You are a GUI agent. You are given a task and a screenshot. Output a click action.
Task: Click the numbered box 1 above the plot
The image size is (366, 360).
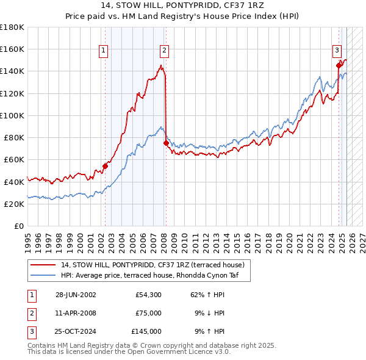click(104, 51)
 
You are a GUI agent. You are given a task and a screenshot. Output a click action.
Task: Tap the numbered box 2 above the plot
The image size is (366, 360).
click(165, 51)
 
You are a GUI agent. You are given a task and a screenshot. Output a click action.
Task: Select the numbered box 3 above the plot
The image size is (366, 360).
click(337, 51)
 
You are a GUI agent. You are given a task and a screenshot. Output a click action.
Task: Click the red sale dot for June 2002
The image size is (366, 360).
click(105, 165)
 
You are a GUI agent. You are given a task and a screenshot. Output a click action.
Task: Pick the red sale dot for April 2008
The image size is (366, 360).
click(166, 143)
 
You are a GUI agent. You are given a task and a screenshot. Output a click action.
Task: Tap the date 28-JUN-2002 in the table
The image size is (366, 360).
click(76, 295)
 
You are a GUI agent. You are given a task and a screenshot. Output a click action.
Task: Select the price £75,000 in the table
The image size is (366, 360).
click(149, 313)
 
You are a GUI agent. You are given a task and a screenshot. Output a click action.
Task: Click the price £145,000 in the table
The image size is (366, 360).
click(146, 331)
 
